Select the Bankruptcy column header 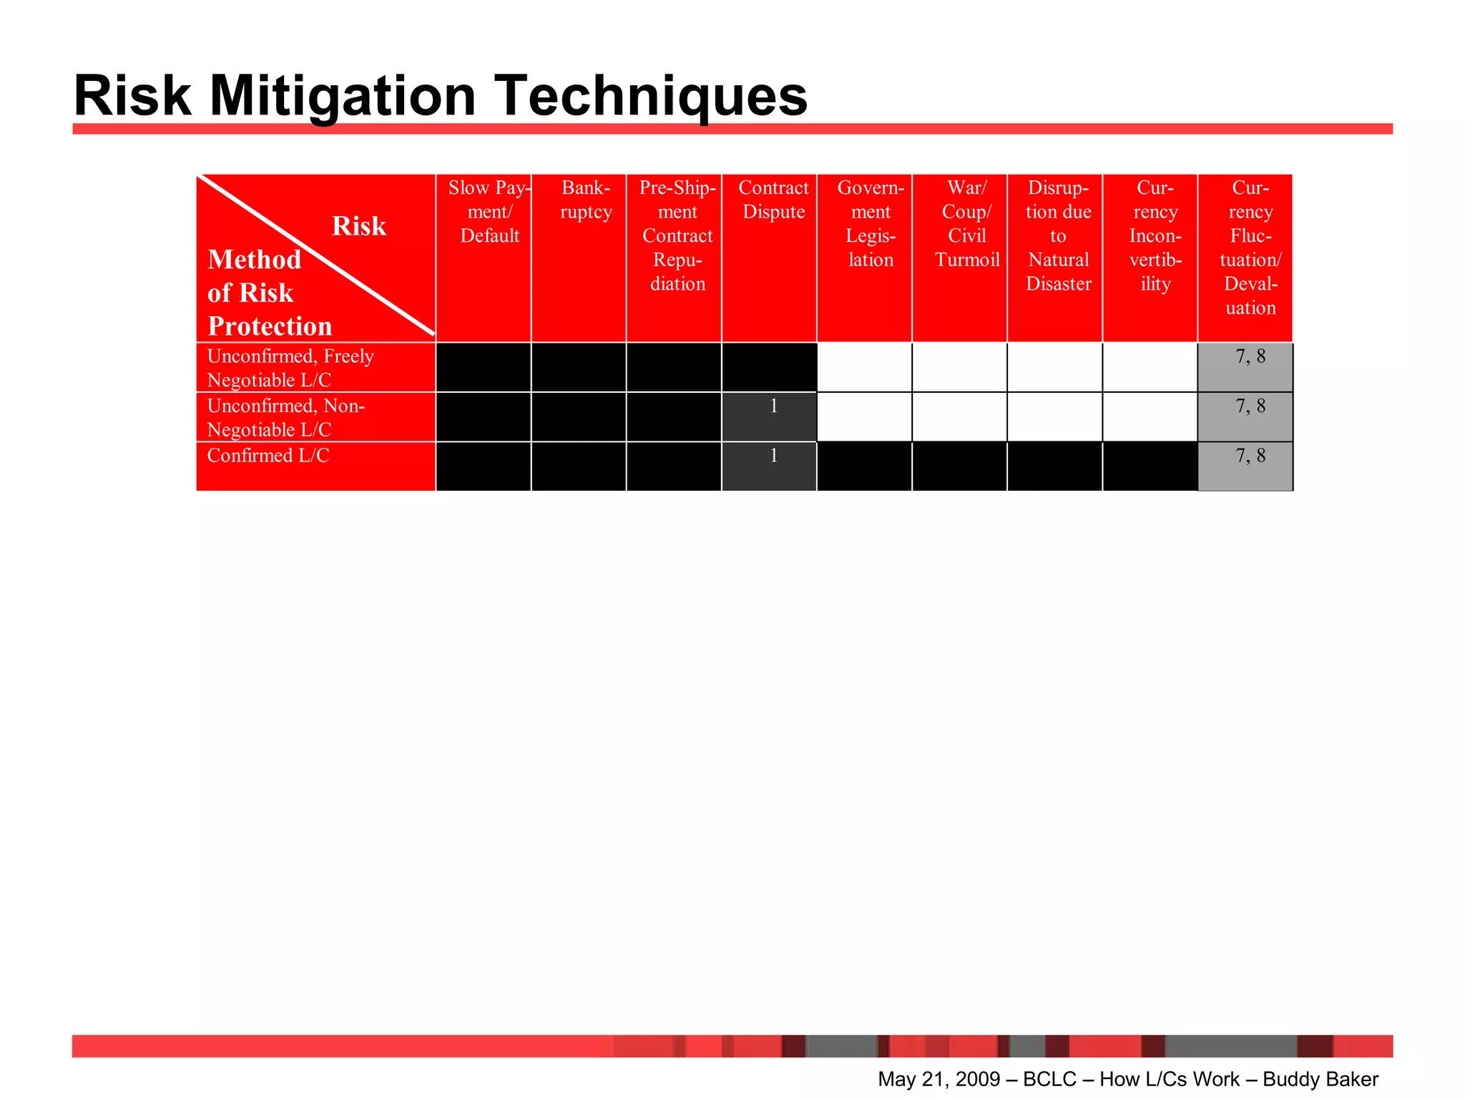point(586,200)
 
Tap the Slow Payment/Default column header point(489,212)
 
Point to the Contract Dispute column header point(773,200)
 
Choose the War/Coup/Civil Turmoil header point(966,224)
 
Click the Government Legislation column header point(871,224)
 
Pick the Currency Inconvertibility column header point(1155,236)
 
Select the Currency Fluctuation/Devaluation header point(1250,248)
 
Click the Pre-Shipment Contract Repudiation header point(677,236)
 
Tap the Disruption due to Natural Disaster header point(1058,236)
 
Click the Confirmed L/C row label point(268,456)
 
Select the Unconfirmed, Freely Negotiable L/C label point(290,368)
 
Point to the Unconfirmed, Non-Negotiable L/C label point(285,418)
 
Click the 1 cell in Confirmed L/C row point(773,456)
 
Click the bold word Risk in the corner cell point(358,226)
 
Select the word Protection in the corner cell point(270,326)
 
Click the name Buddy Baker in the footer point(1320,1079)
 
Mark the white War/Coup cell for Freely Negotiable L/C point(959,368)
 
